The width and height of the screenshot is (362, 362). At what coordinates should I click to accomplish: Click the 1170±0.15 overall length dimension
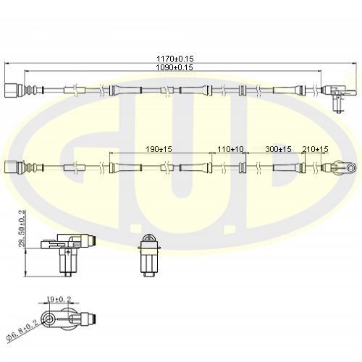[x=175, y=59]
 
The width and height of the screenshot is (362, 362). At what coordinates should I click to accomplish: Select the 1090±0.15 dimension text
[x=174, y=67]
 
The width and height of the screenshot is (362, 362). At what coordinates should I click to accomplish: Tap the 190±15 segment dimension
[x=159, y=149]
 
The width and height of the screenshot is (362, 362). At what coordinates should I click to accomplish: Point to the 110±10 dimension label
[x=230, y=149]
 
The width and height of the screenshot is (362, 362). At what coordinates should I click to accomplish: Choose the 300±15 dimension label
[x=278, y=149]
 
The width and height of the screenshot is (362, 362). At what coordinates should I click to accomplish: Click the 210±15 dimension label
[x=315, y=149]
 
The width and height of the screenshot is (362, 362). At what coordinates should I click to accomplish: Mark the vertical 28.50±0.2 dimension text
[x=22, y=228]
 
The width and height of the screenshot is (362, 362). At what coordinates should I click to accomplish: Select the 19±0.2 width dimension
[x=59, y=299]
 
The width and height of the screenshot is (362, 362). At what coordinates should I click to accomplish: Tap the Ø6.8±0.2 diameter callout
[x=23, y=332]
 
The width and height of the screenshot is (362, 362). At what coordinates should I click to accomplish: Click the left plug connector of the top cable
[x=14, y=90]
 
